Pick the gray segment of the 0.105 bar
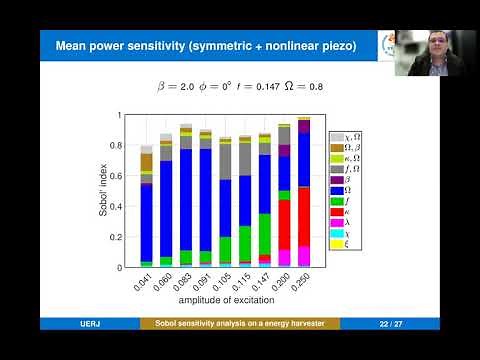click(225, 161)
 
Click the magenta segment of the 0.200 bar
click(284, 258)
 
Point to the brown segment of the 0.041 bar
click(146, 162)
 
